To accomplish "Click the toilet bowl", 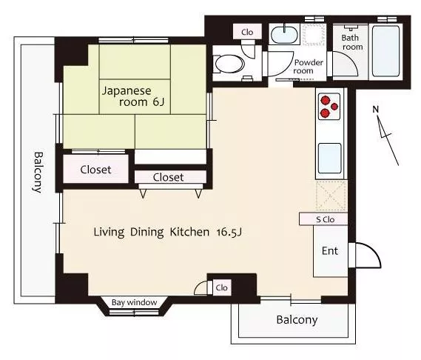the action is pos(229,64).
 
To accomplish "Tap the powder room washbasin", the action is pos(284,34).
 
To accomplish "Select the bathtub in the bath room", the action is pos(385,51).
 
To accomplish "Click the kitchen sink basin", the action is pos(330,159).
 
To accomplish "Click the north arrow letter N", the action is pos(375,110).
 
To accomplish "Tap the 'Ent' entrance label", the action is pos(330,251).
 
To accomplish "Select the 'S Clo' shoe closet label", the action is pos(325,220).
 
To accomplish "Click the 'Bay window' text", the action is pos(134,302).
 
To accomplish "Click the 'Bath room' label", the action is pos(352,42).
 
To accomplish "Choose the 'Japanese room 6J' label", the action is pos(133,96).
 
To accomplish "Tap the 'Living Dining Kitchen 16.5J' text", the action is pos(168,232).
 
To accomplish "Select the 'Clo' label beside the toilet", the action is pos(247,33).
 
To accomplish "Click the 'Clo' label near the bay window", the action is pos(221,287).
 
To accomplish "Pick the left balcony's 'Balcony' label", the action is pos(38,173).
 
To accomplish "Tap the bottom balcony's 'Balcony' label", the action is pos(297,320).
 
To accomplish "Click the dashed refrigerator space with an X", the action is pos(331,196).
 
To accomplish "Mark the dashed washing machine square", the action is pos(314,34).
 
